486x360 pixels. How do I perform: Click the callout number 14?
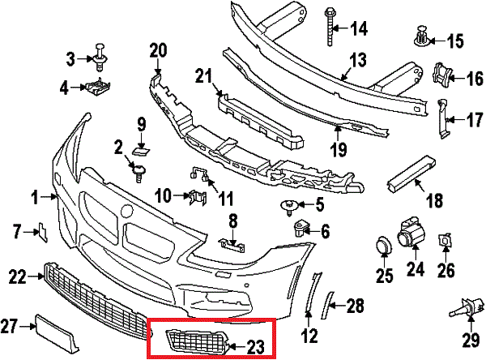[x=357, y=28]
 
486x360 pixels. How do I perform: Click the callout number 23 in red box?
[x=255, y=348]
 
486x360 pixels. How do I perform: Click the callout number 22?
[x=18, y=277]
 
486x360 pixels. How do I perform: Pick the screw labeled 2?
[x=138, y=169]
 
